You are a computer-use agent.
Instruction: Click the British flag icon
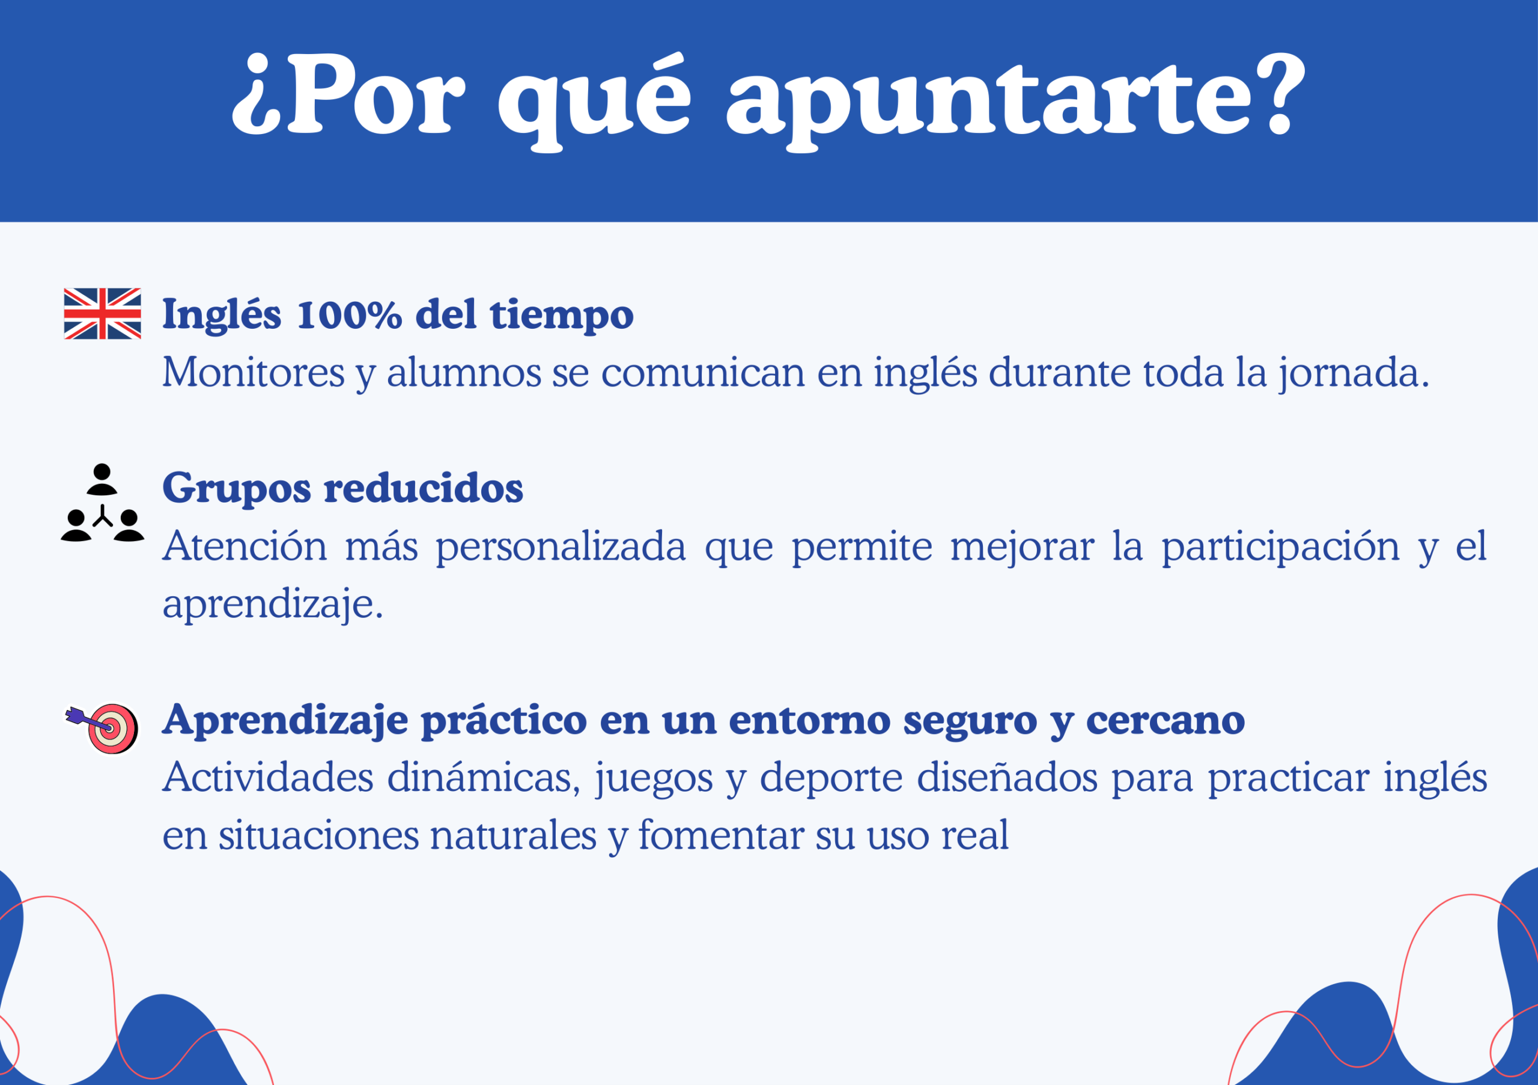pos(103,314)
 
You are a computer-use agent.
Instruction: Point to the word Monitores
pos(253,373)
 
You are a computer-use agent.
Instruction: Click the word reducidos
pos(424,487)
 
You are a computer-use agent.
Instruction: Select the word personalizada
pos(561,547)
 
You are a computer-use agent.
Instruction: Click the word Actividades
pos(268,778)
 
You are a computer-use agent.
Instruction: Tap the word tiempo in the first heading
pos(561,314)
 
